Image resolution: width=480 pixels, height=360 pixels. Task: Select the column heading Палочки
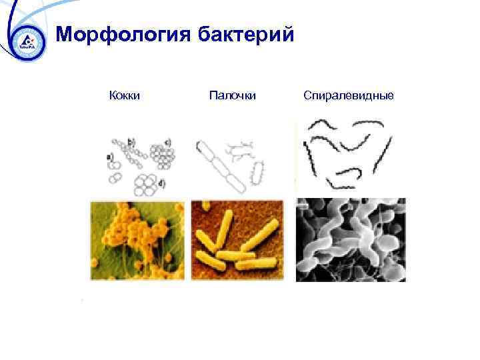[x=233, y=96]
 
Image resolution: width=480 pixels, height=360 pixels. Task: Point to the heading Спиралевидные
[x=349, y=96]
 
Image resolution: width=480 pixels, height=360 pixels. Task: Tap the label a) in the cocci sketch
[x=109, y=157]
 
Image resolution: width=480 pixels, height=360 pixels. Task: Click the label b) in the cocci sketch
[x=131, y=141]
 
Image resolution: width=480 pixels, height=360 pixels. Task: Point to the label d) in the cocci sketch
[x=162, y=183]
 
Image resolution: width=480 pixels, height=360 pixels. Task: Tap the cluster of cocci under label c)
[x=163, y=157]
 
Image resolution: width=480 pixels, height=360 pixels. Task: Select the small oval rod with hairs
[x=256, y=173]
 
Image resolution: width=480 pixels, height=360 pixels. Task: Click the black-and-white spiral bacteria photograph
[x=351, y=240]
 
